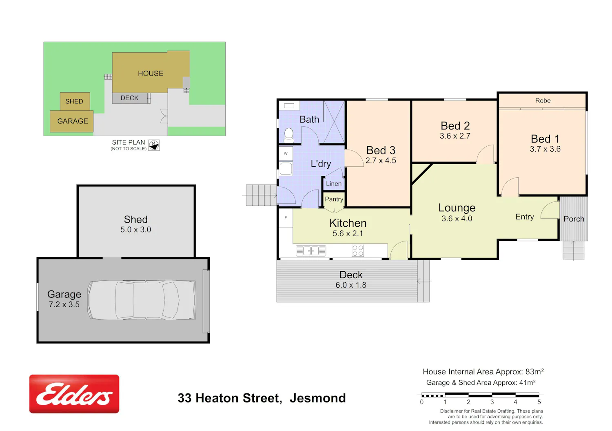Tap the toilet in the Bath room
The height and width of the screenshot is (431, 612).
pos(289,136)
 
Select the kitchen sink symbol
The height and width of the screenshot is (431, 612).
pos(311,251)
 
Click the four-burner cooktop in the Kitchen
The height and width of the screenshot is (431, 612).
pos(358,251)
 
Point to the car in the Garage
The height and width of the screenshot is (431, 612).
pos(142,300)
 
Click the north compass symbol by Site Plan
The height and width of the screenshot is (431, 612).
pos(154,145)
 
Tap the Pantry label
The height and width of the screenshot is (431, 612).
pos(334,199)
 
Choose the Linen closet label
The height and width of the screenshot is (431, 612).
pos(334,183)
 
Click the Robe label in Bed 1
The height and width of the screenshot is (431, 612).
pos(543,101)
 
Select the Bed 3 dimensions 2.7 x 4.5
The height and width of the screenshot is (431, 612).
pos(381,161)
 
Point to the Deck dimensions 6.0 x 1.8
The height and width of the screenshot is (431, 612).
pos(351,285)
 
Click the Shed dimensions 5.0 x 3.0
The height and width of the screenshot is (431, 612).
pos(135,230)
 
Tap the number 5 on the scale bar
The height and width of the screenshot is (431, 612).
pos(539,402)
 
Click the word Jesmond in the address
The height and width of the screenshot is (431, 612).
pos(318,398)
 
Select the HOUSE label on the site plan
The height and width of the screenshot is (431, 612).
pos(151,74)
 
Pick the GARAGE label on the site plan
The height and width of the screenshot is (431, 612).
pos(72,121)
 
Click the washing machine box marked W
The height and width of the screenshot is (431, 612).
pos(286,154)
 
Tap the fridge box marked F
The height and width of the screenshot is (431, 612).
pos(286,218)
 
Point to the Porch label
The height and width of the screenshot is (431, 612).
pos(574,219)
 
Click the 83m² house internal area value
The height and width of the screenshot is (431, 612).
pos(534,372)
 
